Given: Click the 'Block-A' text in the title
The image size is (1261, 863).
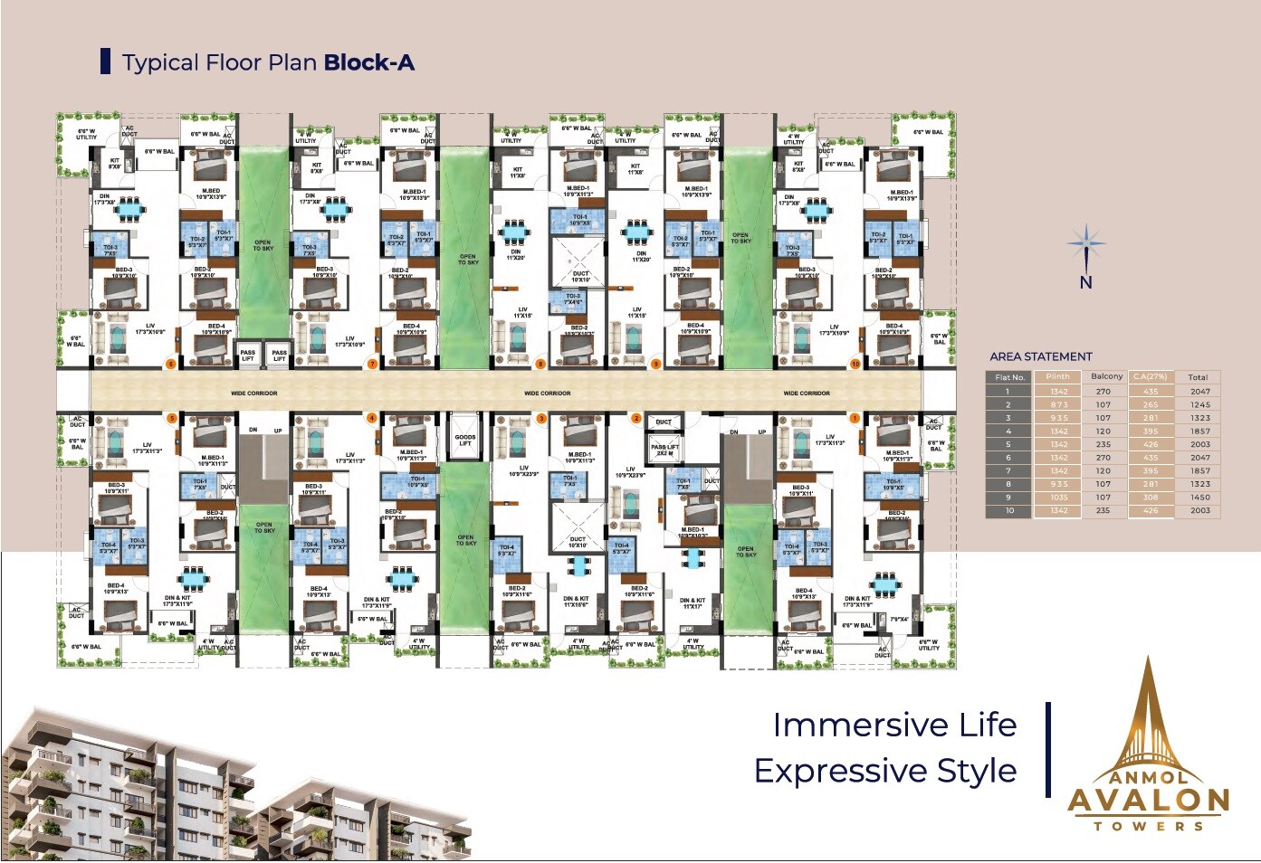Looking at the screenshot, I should coord(368,62).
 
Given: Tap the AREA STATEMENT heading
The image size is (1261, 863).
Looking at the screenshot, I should coord(1040,356).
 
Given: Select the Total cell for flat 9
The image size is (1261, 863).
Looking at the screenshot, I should coord(1199,497).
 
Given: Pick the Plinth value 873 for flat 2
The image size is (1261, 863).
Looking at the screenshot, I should coord(1058,404).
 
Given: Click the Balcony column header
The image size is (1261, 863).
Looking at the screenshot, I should coord(1105,376).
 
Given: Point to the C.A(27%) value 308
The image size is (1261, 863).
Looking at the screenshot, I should coord(1150,497).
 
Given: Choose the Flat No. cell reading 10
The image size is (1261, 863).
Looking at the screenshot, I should coord(1008,510).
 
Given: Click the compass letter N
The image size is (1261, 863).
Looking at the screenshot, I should coord(1085,282).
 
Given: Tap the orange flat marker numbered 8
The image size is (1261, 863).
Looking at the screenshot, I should coord(540,364).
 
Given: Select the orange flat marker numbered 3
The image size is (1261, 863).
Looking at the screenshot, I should coord(541,418).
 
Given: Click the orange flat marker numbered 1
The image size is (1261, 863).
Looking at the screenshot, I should coord(854,418).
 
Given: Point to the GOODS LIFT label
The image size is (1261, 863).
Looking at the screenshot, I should coord(465,440).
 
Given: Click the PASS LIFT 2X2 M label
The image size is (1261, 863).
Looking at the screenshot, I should coord(664,450).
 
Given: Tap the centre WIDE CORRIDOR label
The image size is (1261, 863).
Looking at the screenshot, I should coord(547,393).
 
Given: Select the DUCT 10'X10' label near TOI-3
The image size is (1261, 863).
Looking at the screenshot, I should coord(580,276).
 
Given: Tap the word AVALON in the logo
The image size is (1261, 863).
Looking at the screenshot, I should coord(1148,800).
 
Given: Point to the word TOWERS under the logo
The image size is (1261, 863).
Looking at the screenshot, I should coord(1148,826).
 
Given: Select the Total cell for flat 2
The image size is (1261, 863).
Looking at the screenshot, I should coord(1199,404).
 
